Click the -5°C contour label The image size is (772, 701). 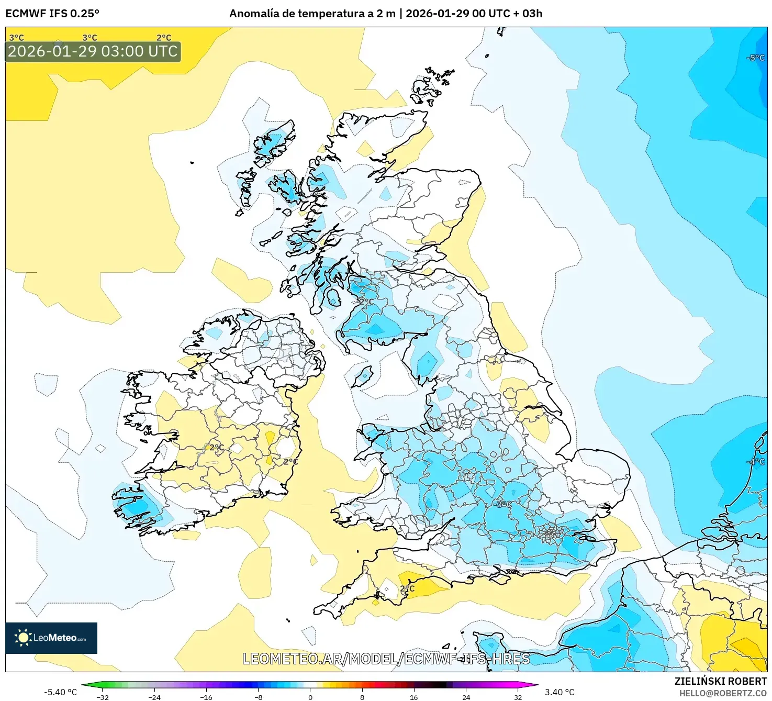pyautogui.click(x=756, y=58)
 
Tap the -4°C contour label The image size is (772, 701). pyautogui.click(x=756, y=461)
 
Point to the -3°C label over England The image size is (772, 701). pyautogui.click(x=502, y=504)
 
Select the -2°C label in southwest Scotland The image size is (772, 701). pyautogui.click(x=364, y=302)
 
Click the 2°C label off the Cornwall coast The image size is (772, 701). pyautogui.click(x=407, y=588)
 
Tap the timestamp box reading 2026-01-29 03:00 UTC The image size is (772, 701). pyautogui.click(x=93, y=51)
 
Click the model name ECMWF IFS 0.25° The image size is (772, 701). pyautogui.click(x=52, y=14)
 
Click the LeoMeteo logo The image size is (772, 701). pyautogui.click(x=51, y=638)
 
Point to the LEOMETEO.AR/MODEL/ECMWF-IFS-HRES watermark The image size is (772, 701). pyautogui.click(x=386, y=659)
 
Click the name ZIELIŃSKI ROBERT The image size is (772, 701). pyautogui.click(x=720, y=681)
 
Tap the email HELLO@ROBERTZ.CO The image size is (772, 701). pyautogui.click(x=723, y=693)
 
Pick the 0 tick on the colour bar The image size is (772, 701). pyautogui.click(x=310, y=697)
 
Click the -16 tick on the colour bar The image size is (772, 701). pyautogui.click(x=206, y=697)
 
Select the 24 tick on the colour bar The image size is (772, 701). pyautogui.click(x=466, y=697)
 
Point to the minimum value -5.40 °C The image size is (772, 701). pyautogui.click(x=60, y=692)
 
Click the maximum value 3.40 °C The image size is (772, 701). pyautogui.click(x=560, y=692)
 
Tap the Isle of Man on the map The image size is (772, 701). pyautogui.click(x=362, y=376)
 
